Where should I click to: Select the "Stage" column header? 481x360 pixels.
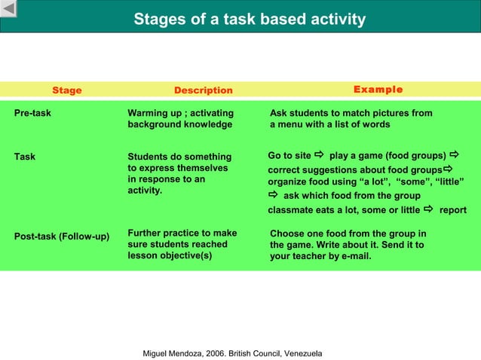point(66,90)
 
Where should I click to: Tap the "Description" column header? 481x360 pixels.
point(203,90)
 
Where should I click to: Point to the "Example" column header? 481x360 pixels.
point(378,90)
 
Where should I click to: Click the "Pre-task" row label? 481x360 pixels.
point(32,113)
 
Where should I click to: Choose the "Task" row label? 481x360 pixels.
point(25,157)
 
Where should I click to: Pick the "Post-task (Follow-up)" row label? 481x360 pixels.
point(62,236)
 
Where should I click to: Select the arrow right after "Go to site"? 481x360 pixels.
point(318,155)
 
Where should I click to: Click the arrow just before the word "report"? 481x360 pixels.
point(428,209)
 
